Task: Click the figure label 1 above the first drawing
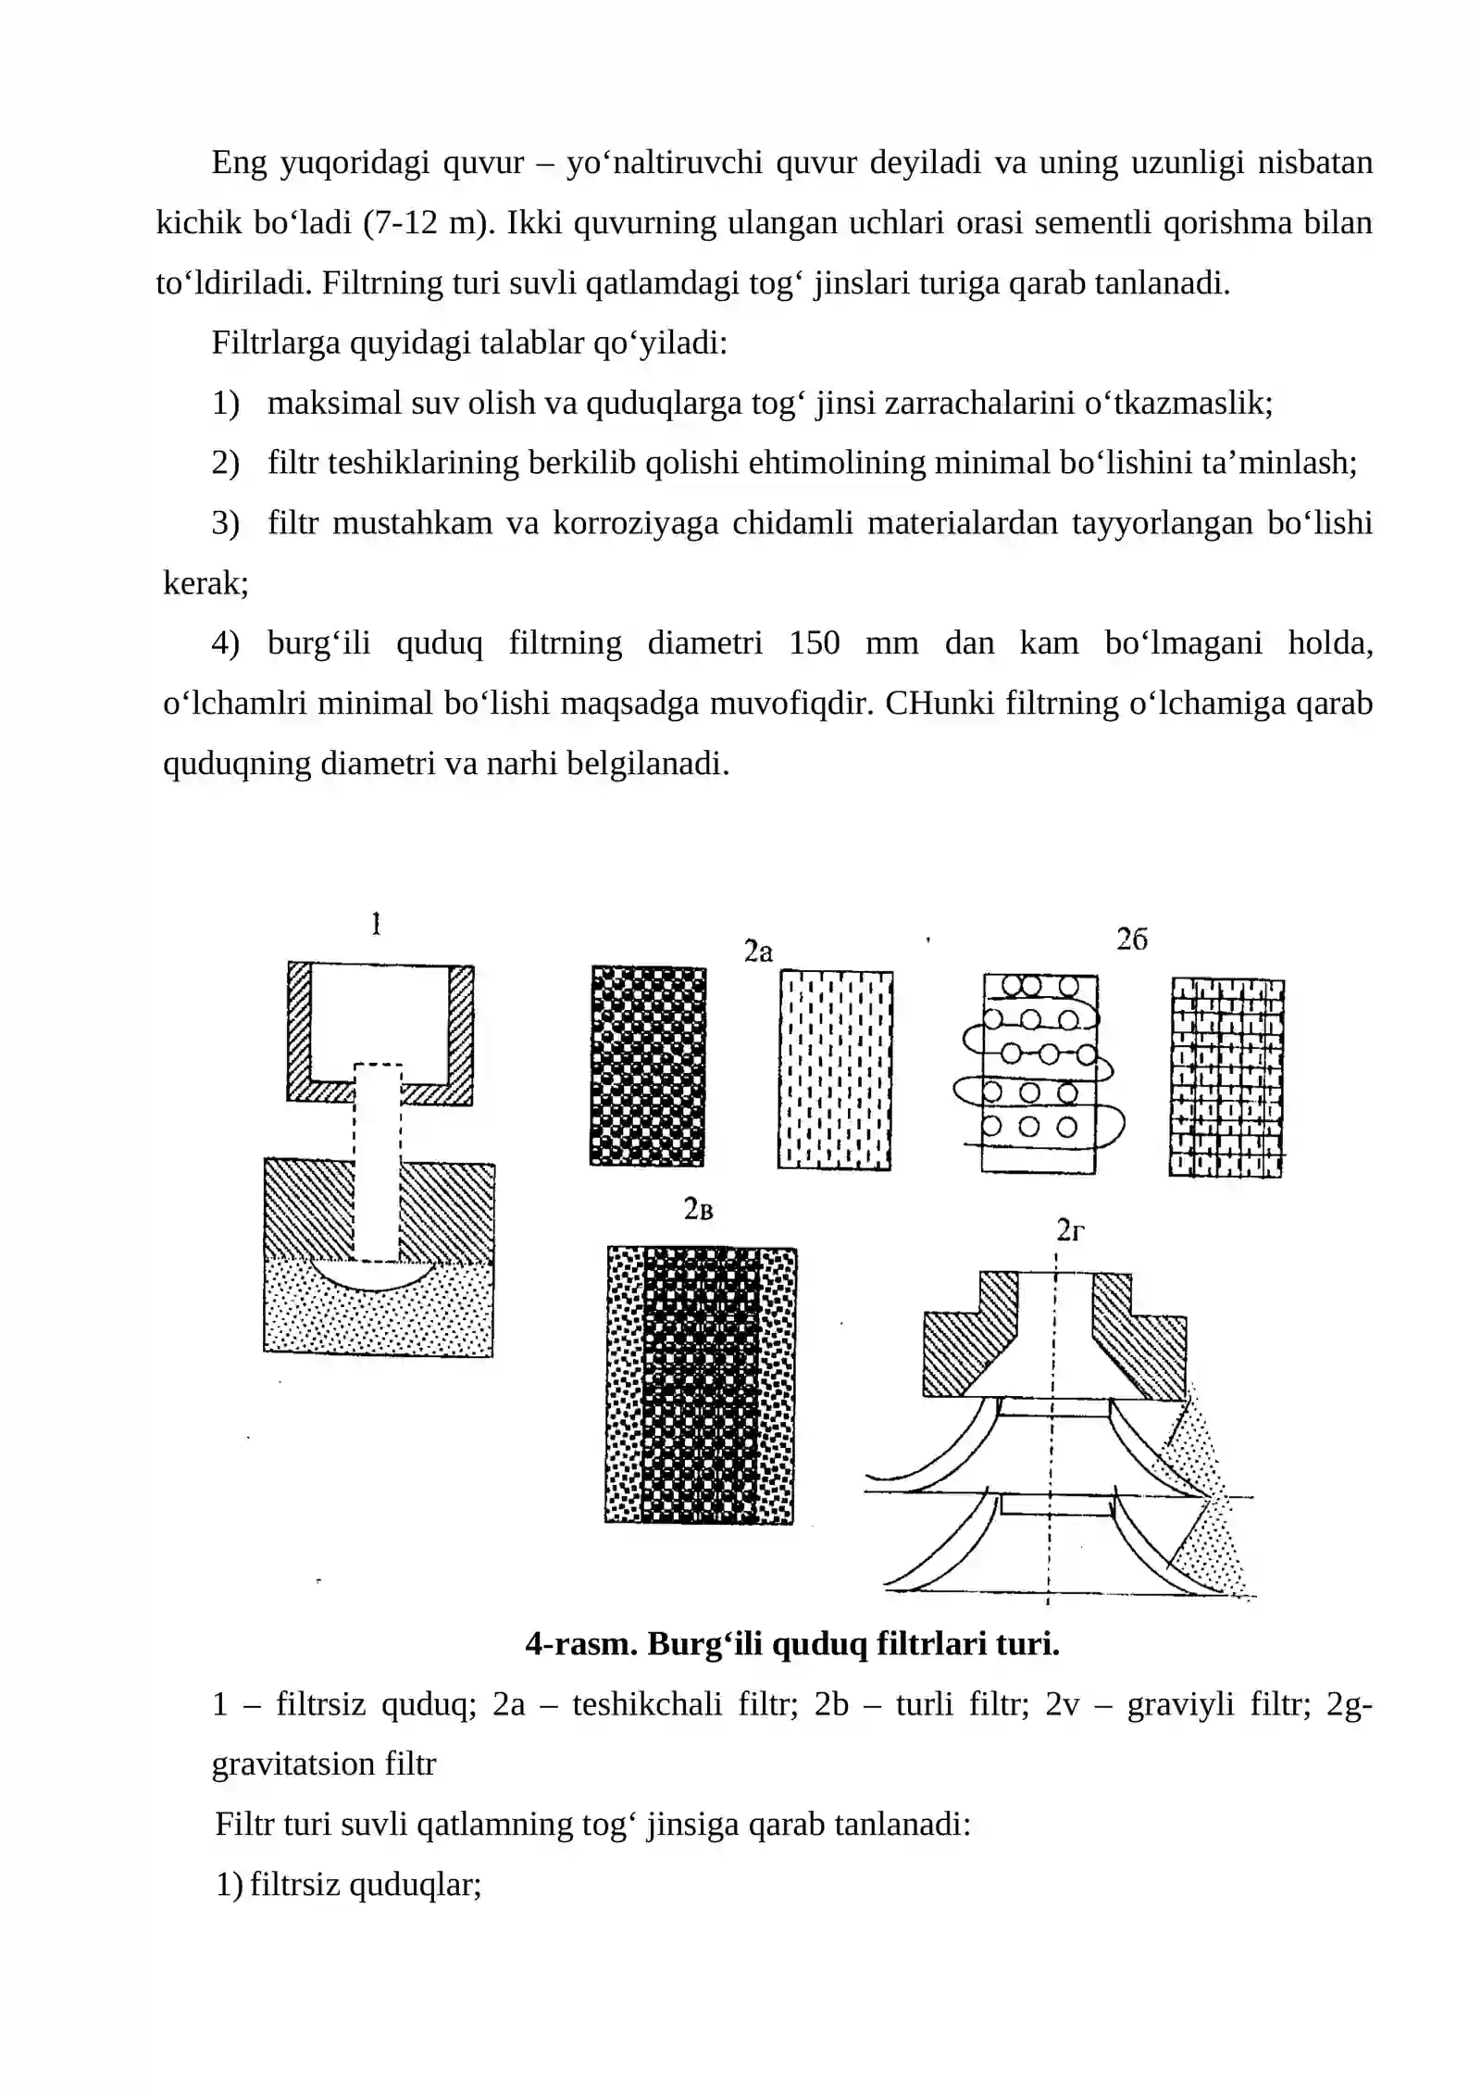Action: point(376,924)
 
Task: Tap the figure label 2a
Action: point(758,952)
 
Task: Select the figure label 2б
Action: point(1131,940)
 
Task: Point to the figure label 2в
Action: point(699,1209)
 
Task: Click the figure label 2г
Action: point(1070,1230)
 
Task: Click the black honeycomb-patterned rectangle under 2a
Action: point(648,1066)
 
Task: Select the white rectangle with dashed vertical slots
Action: point(836,1070)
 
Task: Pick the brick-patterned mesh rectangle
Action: point(1226,1078)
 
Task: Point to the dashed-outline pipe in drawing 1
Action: point(378,1163)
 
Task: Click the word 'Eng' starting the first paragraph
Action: point(239,163)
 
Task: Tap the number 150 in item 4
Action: point(814,643)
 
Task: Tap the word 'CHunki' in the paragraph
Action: point(938,704)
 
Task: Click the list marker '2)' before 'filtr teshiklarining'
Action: point(226,463)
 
